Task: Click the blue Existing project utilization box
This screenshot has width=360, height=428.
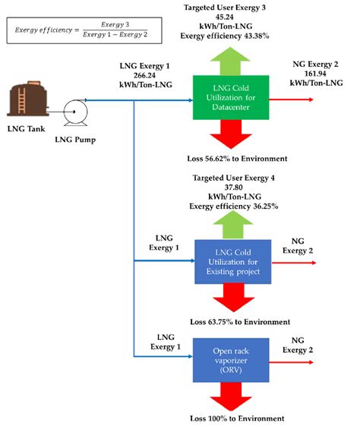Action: tap(229, 261)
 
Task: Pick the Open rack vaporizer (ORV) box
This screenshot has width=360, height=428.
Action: tap(229, 356)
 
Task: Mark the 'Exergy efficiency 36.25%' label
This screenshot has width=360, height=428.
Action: tap(229, 204)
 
